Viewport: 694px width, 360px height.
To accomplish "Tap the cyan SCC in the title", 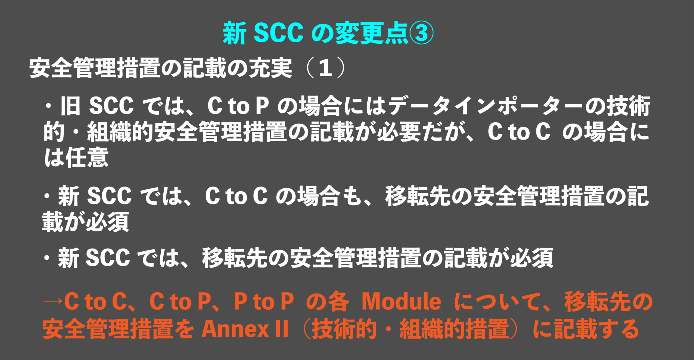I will (x=278, y=33).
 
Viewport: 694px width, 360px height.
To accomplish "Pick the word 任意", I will (x=87, y=157).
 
